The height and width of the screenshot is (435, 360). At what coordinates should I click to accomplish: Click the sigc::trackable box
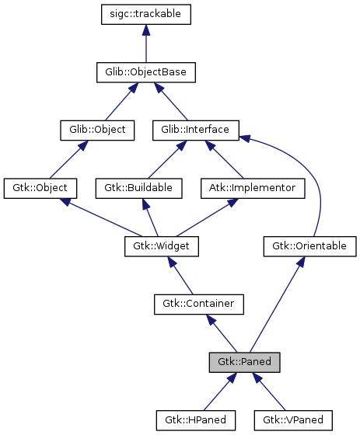(146, 14)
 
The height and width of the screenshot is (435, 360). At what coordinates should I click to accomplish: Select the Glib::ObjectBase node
(146, 72)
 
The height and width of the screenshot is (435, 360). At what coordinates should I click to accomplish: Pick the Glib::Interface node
(195, 130)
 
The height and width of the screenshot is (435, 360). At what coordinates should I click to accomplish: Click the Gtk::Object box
(40, 188)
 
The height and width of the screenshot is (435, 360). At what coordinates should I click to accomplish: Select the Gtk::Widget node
(162, 246)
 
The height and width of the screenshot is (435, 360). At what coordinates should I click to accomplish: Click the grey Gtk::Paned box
(244, 362)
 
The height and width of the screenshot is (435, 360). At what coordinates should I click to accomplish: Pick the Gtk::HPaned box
(195, 420)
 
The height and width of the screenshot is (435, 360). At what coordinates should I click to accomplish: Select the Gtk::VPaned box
(293, 420)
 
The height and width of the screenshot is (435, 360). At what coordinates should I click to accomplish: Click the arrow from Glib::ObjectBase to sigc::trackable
(146, 43)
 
